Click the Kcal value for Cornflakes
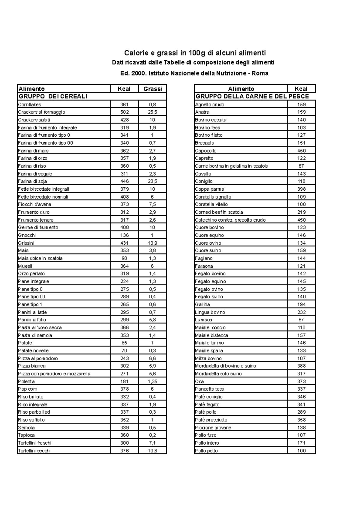point(124,105)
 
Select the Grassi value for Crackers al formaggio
point(152,112)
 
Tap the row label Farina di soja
point(32,181)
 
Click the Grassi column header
point(152,89)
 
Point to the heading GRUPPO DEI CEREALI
point(53,97)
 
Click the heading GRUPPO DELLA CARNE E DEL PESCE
point(252,97)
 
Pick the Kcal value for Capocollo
point(301,151)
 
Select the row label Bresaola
point(205,143)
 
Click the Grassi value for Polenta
point(152,382)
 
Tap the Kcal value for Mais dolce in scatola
point(124,258)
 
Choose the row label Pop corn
point(28,389)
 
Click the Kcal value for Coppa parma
point(301,189)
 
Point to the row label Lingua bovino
point(210,312)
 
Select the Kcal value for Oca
point(301,382)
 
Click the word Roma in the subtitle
point(260,73)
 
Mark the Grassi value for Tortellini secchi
point(152,451)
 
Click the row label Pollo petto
point(206,451)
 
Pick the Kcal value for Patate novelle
point(124,351)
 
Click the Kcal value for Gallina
point(301,305)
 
